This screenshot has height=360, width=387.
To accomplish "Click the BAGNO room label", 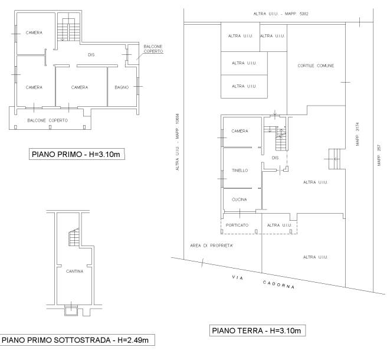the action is click(x=122, y=87).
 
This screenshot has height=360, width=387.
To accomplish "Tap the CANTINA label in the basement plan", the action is click(x=74, y=271).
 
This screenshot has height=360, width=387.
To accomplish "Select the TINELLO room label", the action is click(x=240, y=171).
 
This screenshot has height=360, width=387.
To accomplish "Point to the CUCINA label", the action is click(x=240, y=199).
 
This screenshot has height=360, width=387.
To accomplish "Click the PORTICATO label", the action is click(x=237, y=225).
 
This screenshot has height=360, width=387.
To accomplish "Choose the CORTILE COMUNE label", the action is click(x=316, y=66).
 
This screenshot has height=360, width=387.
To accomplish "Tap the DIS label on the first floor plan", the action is click(x=91, y=55).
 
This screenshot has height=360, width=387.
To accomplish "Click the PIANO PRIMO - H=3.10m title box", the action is click(x=77, y=154).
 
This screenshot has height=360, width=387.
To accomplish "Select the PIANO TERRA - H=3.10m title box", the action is click(x=258, y=330).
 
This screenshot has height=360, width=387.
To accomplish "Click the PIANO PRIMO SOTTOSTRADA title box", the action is click(x=77, y=340).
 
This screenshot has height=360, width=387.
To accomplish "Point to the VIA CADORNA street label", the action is click(x=263, y=282).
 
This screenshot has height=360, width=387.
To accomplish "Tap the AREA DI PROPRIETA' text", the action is click(x=212, y=246).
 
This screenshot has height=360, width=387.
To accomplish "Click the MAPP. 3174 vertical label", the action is click(x=358, y=134).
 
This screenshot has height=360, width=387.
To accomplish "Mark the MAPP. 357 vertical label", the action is click(x=379, y=155).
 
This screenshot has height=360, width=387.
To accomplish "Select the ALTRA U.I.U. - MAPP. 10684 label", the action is click(x=178, y=142).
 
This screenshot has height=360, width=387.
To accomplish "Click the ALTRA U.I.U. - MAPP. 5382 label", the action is click(x=281, y=14).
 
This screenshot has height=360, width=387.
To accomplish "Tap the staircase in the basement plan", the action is click(x=74, y=237).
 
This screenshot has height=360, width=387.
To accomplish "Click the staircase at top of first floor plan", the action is click(x=69, y=30).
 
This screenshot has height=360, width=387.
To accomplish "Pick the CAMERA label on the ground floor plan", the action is click(x=240, y=131).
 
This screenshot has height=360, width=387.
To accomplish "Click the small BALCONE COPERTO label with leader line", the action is click(x=153, y=49).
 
